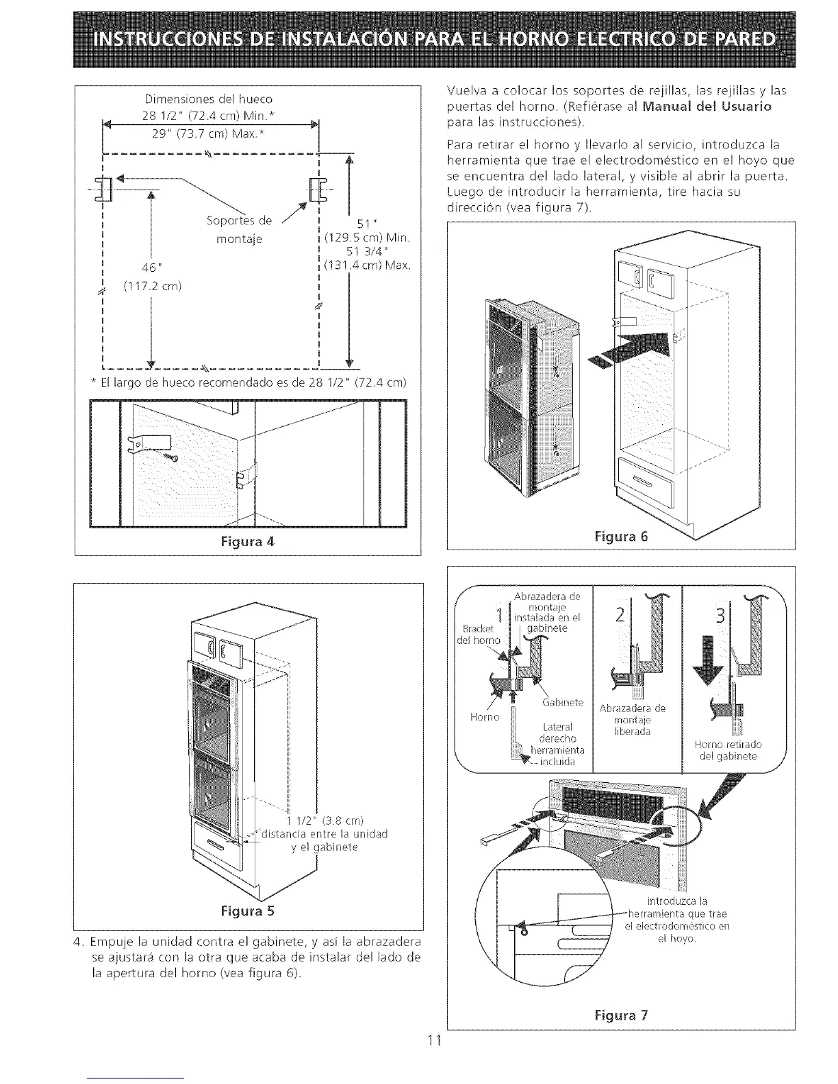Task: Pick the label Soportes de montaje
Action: click(x=239, y=229)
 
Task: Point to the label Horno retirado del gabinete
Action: click(x=727, y=750)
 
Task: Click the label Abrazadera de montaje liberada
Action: click(x=632, y=720)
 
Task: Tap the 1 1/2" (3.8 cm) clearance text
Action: click(x=325, y=821)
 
